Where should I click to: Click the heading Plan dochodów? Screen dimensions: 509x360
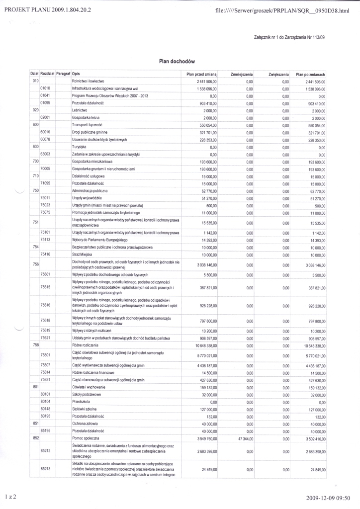(x=173, y=61)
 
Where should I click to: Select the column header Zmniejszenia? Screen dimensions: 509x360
(x=243, y=74)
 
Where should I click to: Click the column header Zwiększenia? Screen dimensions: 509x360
(x=279, y=74)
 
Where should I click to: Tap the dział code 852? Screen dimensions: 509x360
(x=35, y=438)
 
